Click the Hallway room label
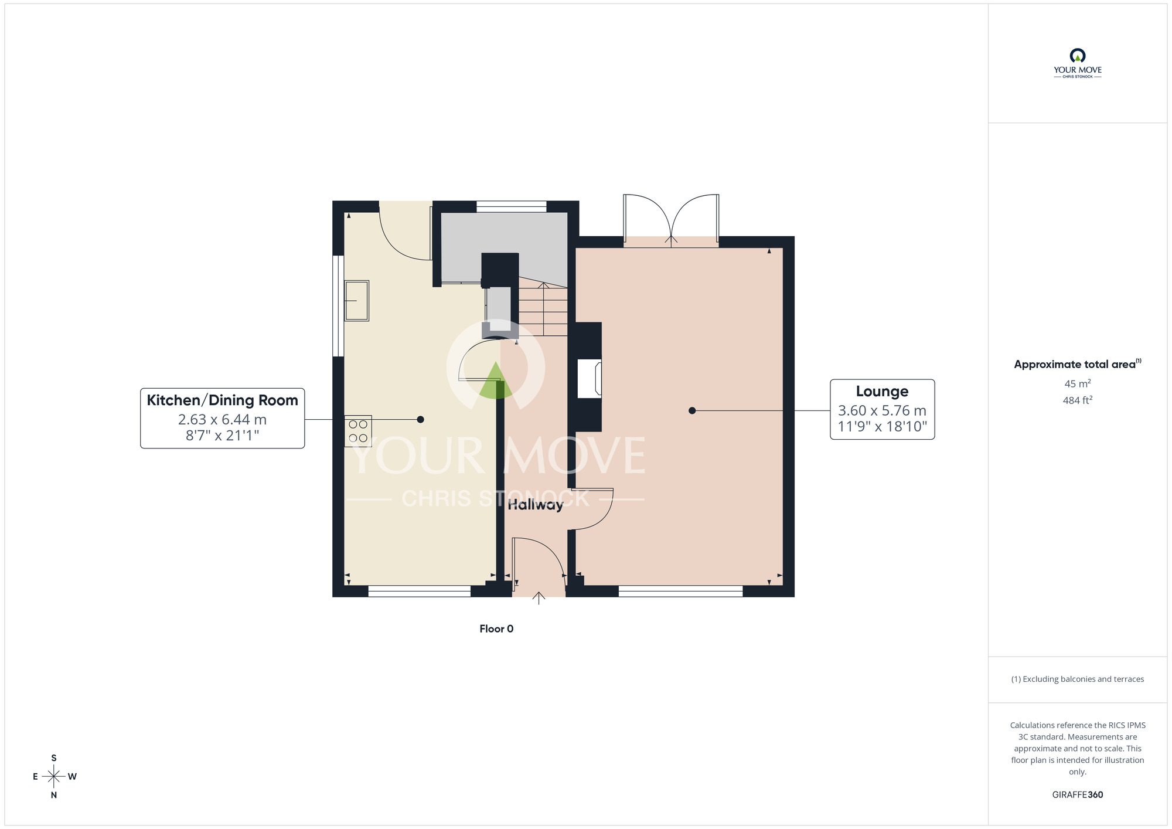click(535, 505)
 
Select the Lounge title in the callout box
click(882, 391)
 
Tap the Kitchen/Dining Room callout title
click(222, 400)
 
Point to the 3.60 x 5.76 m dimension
click(882, 410)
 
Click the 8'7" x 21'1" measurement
click(222, 436)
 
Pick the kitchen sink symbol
click(356, 301)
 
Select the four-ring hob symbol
click(357, 432)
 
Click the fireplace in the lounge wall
click(590, 379)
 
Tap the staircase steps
click(543, 309)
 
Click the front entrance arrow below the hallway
click(539, 598)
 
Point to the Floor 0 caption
click(496, 629)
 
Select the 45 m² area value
click(1078, 383)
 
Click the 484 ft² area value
click(1078, 400)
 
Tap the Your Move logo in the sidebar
click(1078, 63)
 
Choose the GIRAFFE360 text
click(1078, 795)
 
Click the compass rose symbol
click(54, 777)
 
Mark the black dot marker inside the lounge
click(692, 411)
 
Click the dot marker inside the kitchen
click(420, 420)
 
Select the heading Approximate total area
click(1078, 364)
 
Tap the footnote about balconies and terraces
click(1078, 679)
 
